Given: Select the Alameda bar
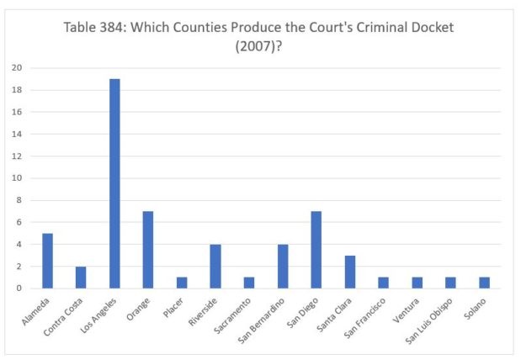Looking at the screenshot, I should (x=47, y=261).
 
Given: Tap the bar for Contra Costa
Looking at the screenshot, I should (x=81, y=278).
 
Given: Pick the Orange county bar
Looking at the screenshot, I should (x=147, y=250).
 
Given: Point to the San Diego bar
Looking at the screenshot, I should (x=315, y=250).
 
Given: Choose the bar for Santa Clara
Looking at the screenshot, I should (x=348, y=272).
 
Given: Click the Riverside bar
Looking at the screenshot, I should (x=215, y=267).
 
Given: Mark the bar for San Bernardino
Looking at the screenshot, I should (x=282, y=267).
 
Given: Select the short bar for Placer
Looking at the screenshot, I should (x=181, y=283).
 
